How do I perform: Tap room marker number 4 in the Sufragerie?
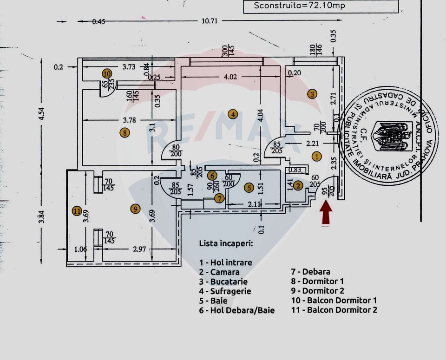click(x=233, y=114)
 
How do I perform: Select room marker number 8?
click(x=125, y=133)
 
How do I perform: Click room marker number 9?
click(x=135, y=209)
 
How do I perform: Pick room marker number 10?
click(x=107, y=73)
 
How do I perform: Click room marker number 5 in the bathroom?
click(x=249, y=188)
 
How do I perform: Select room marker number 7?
click(x=219, y=198)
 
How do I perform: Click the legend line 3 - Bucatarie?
click(x=223, y=281)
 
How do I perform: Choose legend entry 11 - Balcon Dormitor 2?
click(x=334, y=310)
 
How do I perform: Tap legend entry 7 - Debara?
click(x=310, y=272)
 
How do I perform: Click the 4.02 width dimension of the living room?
click(x=231, y=77)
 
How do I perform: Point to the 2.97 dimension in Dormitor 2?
click(x=139, y=249)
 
